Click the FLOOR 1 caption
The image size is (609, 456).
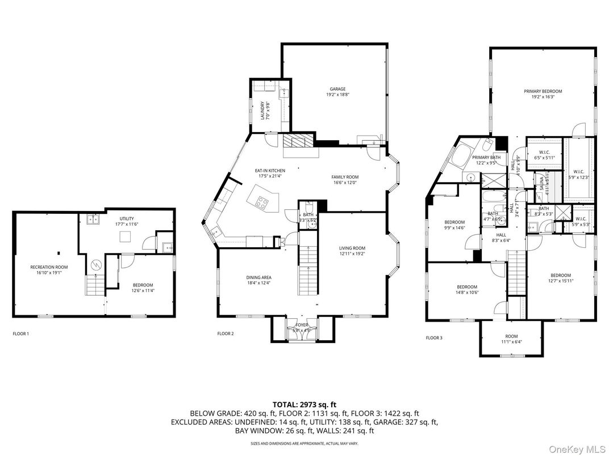pyautogui.click(x=20, y=333)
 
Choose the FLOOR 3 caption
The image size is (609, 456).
pyautogui.click(x=434, y=338)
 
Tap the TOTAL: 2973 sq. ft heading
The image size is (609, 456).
pyautogui.click(x=304, y=404)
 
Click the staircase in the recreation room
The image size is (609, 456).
pyautogui.click(x=95, y=284)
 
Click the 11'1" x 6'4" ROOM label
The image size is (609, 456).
pyautogui.click(x=510, y=339)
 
